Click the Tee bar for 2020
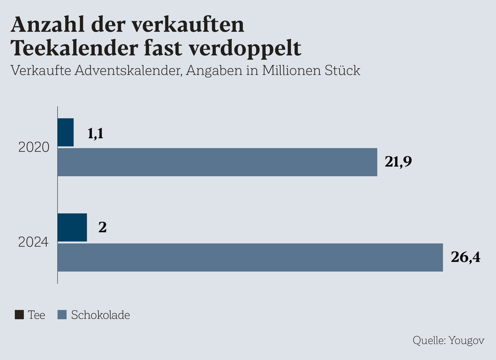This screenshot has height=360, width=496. [x=65, y=132]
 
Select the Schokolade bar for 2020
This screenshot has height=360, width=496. [x=217, y=162]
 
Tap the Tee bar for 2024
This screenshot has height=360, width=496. [x=72, y=228]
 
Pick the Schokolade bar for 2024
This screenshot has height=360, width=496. [x=250, y=257]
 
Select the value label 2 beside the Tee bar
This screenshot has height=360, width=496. [x=103, y=228]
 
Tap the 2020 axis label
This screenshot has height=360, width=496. [x=34, y=147]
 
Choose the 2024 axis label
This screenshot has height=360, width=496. [x=34, y=242]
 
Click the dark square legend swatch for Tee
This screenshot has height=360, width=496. [x=19, y=315]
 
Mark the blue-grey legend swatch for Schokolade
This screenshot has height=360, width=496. [x=62, y=315]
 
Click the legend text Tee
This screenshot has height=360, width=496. [x=36, y=315]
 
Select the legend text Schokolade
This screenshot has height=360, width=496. [x=101, y=315]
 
